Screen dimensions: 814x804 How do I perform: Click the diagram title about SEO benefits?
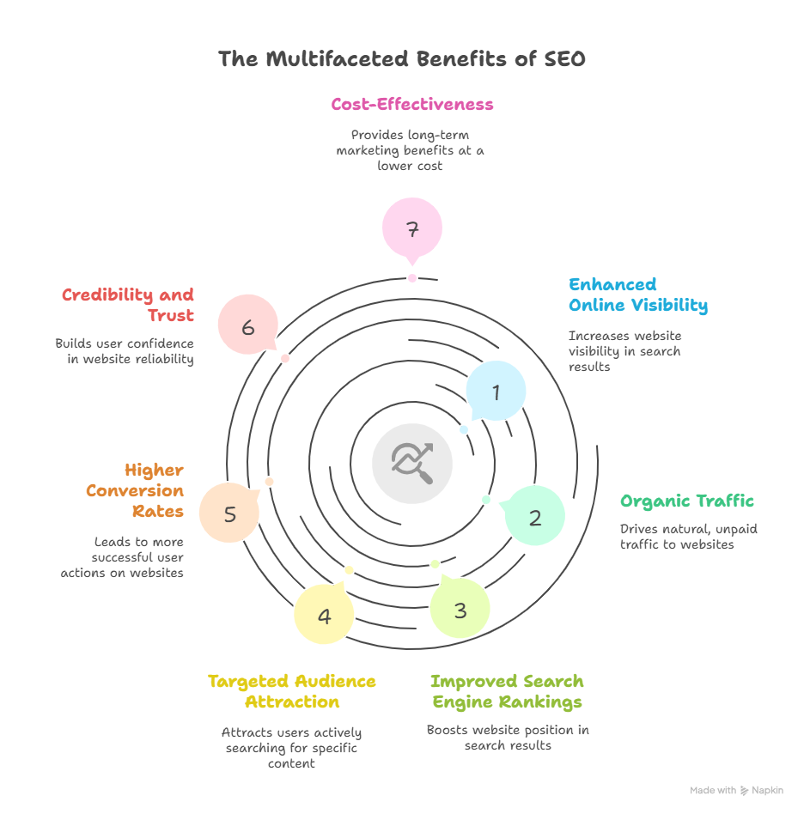402,59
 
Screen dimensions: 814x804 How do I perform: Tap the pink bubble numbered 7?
412,228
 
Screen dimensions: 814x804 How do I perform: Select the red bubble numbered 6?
247,325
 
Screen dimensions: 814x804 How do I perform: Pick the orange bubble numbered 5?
229,513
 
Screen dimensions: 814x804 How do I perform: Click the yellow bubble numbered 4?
324,615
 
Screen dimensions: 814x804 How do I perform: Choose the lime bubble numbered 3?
460,610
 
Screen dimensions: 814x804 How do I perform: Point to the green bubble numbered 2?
534,517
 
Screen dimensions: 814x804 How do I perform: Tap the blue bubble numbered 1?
496,392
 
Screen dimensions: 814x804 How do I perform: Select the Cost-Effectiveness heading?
412,105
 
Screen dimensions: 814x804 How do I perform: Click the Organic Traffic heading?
687,501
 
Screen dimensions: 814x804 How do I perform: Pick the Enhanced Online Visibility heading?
637,295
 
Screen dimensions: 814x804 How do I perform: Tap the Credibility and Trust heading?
128,305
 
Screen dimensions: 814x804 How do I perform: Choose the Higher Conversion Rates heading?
135,490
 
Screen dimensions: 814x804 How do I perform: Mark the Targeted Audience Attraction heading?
292,691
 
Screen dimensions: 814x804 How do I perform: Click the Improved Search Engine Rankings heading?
507,691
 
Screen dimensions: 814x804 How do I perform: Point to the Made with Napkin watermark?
736,790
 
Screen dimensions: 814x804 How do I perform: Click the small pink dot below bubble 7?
412,278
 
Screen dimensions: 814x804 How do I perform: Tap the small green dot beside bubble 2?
486,500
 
